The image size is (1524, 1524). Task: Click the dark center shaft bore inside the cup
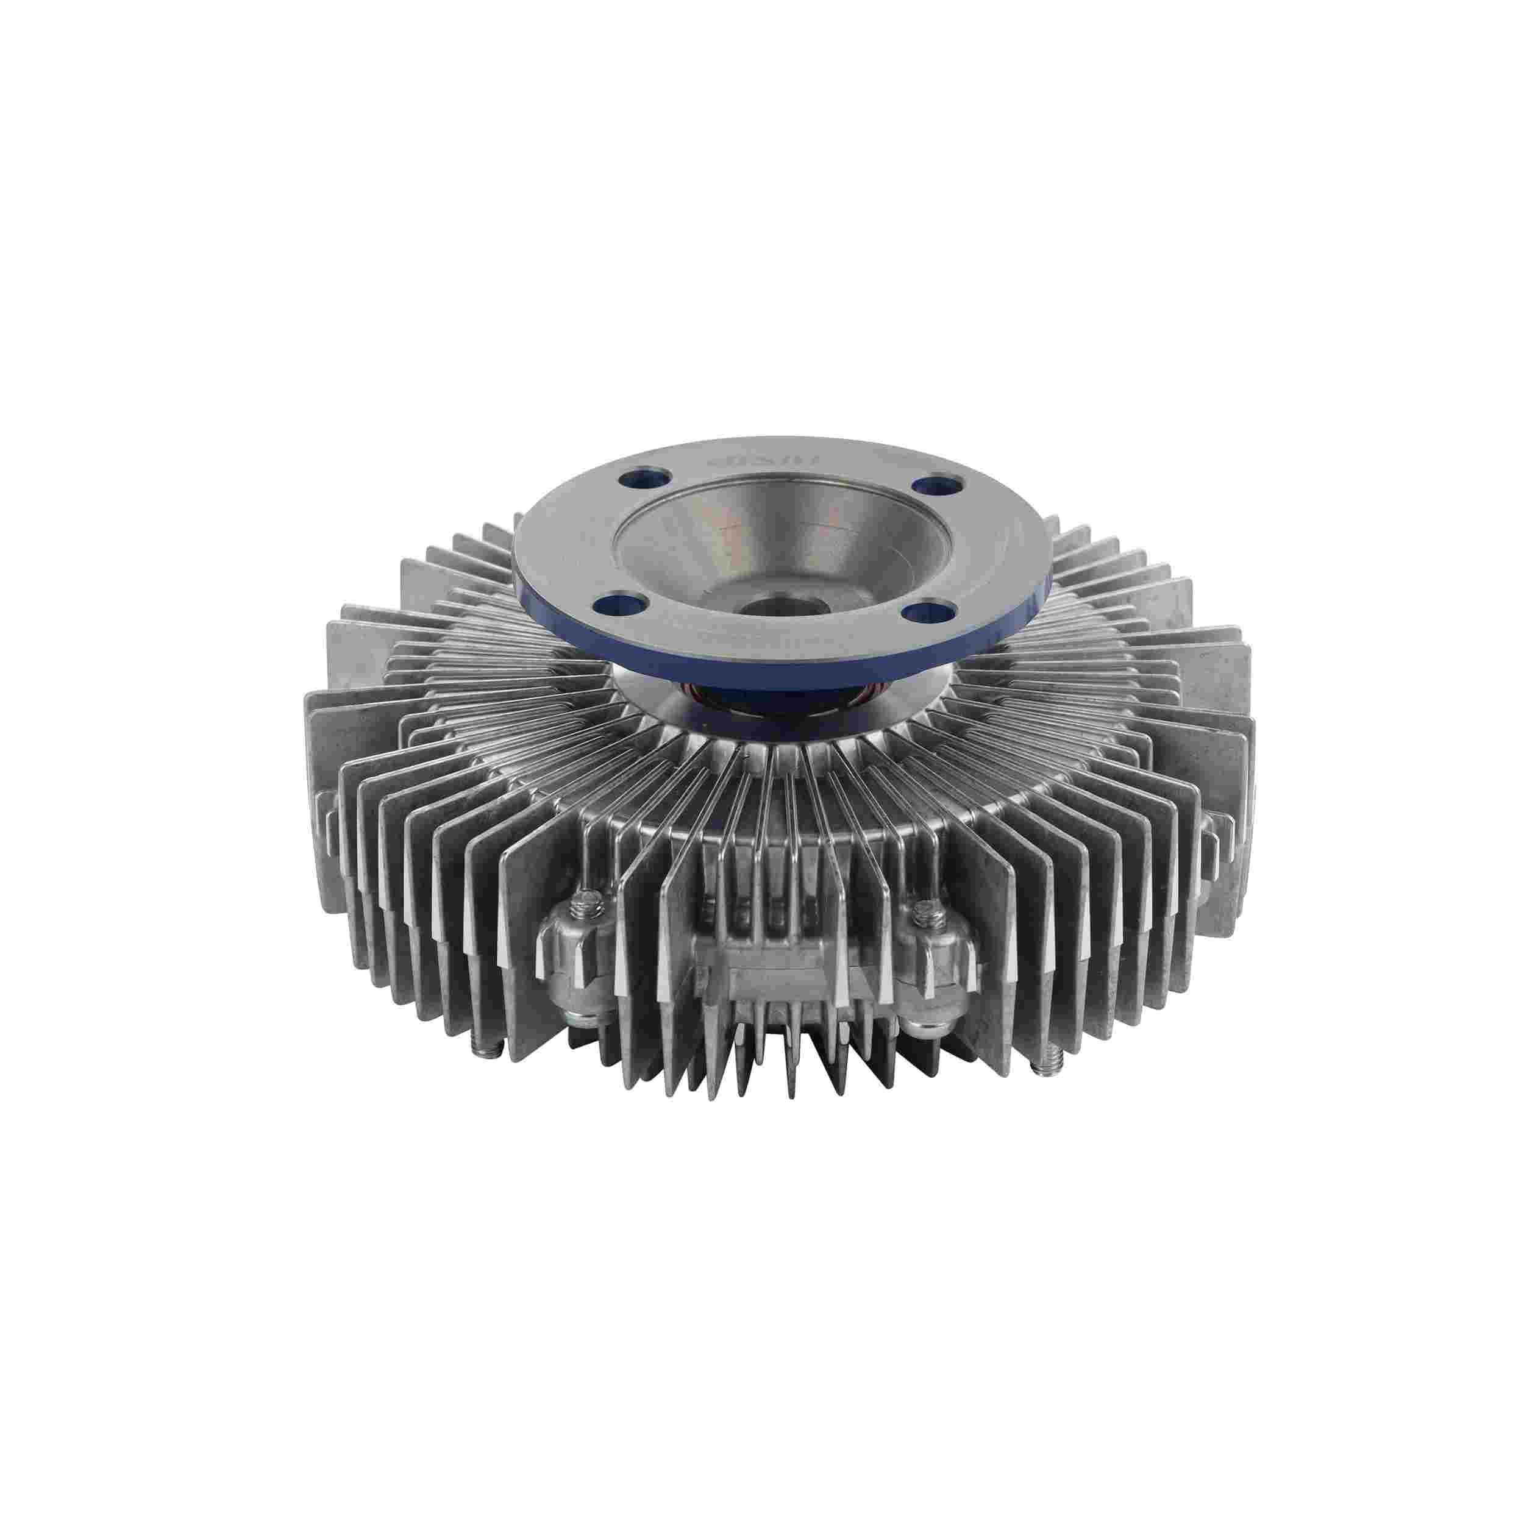(762, 606)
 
